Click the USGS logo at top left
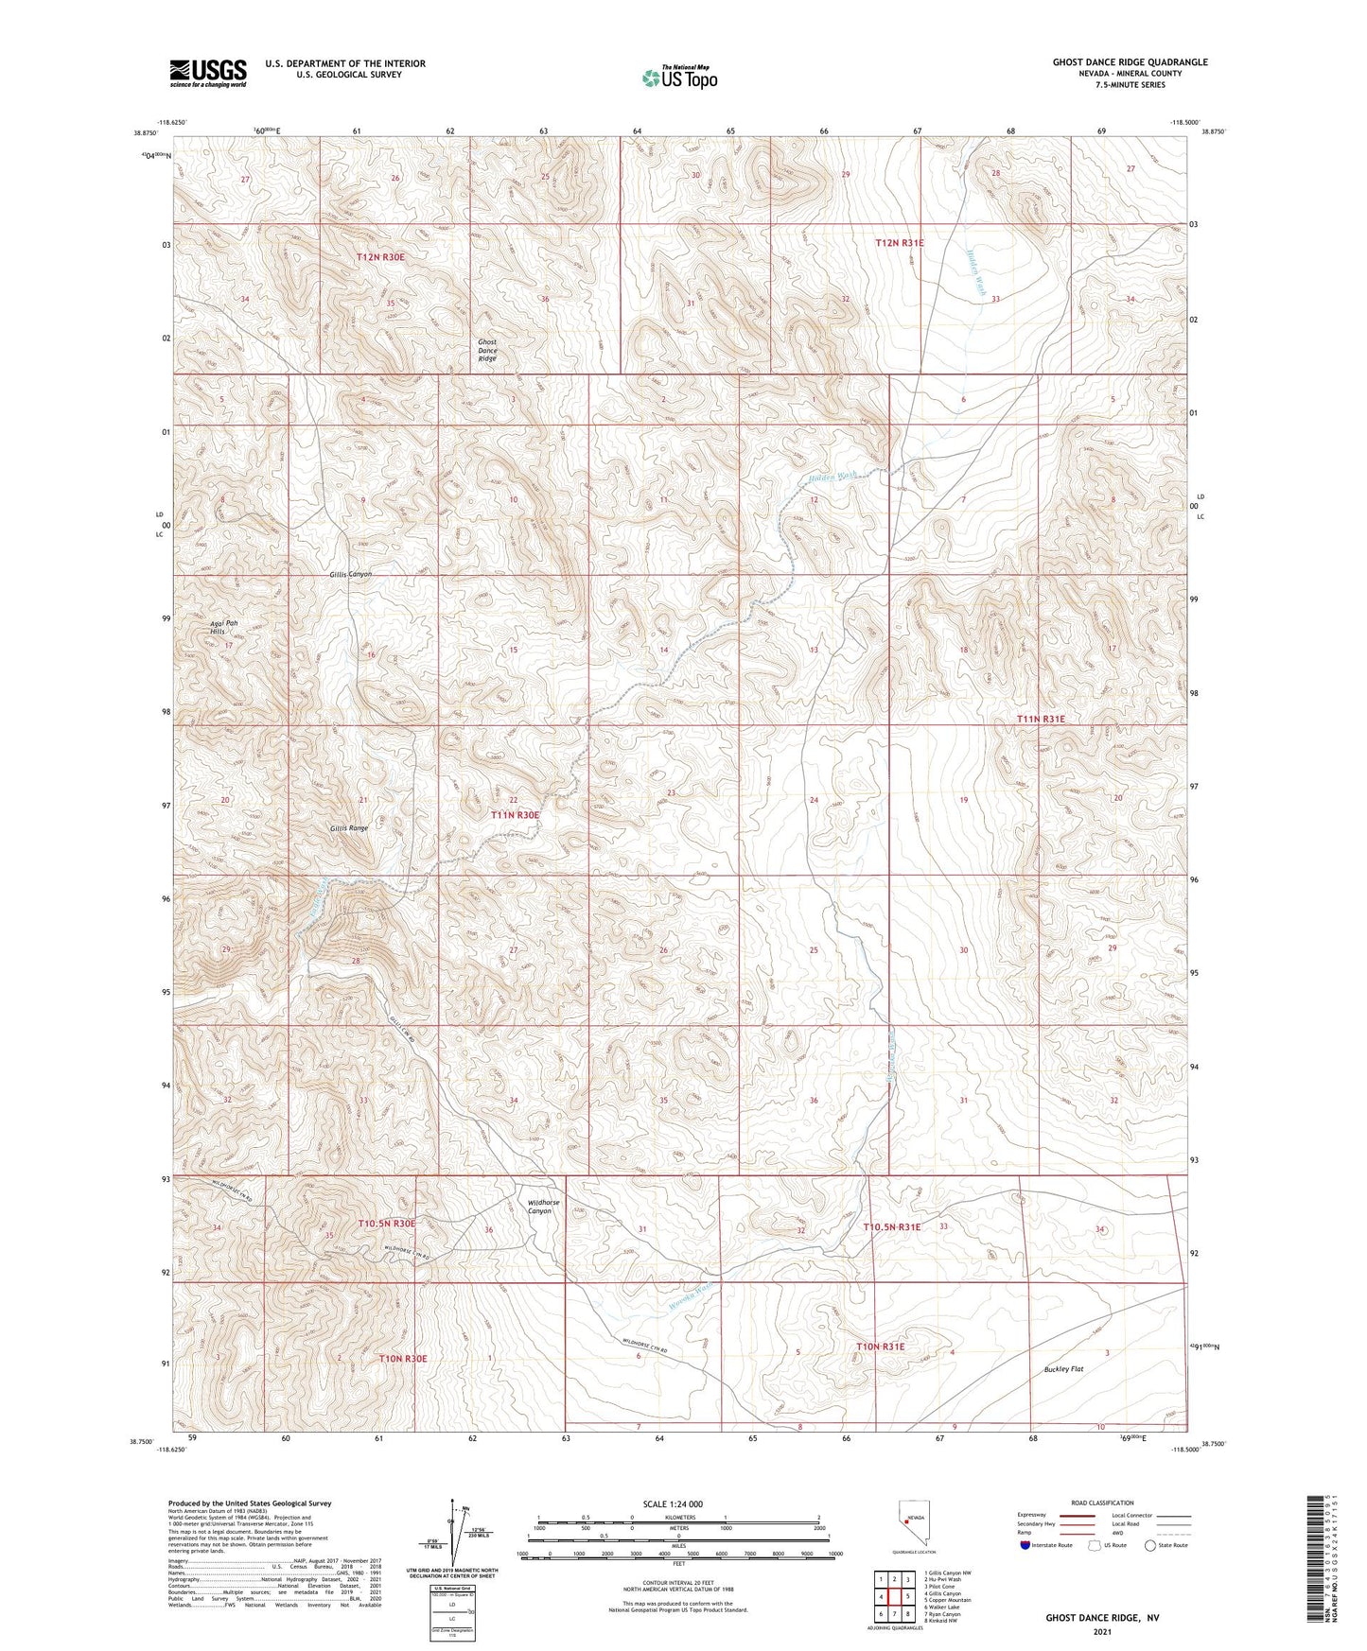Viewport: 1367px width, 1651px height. (x=208, y=72)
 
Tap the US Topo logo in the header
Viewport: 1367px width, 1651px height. (x=679, y=78)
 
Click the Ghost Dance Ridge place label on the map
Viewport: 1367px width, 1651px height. (x=487, y=351)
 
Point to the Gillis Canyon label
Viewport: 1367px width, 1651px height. (x=351, y=575)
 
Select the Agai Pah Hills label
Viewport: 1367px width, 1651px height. (x=223, y=629)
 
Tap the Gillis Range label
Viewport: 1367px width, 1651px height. (x=349, y=828)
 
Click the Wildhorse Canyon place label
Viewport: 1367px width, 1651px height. (x=543, y=1208)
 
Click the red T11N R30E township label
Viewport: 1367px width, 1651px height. (x=515, y=815)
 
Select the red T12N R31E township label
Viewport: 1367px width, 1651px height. (x=899, y=243)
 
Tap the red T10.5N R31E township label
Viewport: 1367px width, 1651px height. (x=891, y=1226)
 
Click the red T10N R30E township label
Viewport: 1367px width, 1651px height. (x=403, y=1359)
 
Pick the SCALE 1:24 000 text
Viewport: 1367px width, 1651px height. (x=673, y=1503)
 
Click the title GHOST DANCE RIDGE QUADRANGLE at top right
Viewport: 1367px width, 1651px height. (x=1130, y=62)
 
